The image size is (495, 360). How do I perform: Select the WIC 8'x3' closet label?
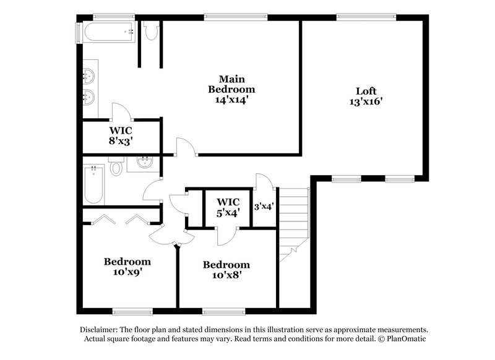pyautogui.click(x=121, y=135)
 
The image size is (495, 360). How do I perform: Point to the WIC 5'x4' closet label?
pyautogui.click(x=227, y=207)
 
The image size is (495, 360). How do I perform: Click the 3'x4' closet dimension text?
pyautogui.click(x=264, y=207)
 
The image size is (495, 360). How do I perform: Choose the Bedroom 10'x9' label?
pyautogui.click(x=127, y=266)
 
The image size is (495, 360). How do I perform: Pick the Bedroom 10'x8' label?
pyautogui.click(x=226, y=270)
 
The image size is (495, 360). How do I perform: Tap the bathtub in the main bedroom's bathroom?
pyautogui.click(x=108, y=32)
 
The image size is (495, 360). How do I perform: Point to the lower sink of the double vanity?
pyautogui.click(x=88, y=96)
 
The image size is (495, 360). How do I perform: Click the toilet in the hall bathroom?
pyautogui.click(x=116, y=168)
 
